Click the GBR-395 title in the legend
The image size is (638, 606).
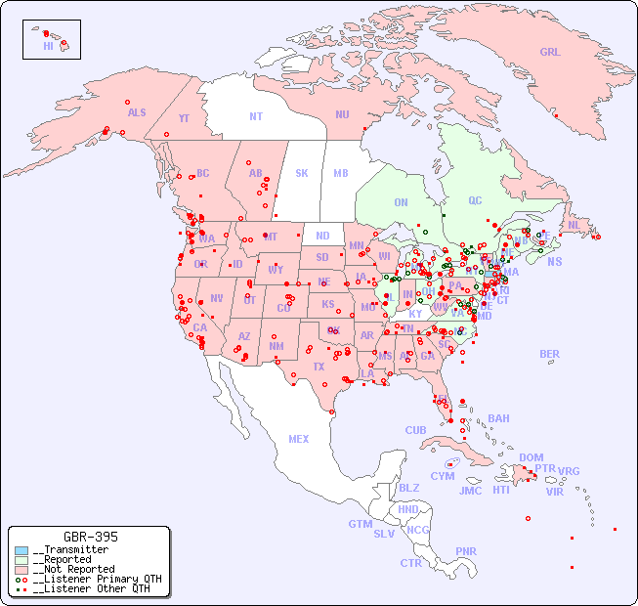coord(90,537)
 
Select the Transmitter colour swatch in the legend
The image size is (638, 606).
coord(21,550)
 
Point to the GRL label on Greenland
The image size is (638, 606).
coord(550,52)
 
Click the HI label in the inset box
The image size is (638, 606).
coord(48,46)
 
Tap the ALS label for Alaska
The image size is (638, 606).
coord(137,112)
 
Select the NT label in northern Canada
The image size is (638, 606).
coord(256,116)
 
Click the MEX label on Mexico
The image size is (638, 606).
coord(299,439)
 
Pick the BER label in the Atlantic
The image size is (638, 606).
coord(550,354)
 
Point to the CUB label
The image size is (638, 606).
coord(415,430)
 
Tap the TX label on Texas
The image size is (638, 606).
coord(319,367)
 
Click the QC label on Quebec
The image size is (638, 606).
coord(475,200)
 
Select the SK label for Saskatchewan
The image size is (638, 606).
coord(302,173)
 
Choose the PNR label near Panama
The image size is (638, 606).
coord(466,551)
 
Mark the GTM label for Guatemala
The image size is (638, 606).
coord(360,524)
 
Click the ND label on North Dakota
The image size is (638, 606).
coord(322,236)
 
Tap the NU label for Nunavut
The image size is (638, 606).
coord(342,114)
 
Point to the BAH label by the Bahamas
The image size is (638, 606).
coord(498,418)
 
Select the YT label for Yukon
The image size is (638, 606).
coord(184,118)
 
